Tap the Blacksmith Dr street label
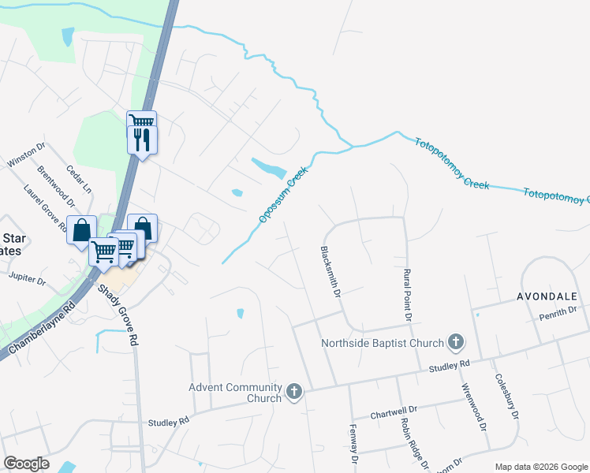tap(329, 271)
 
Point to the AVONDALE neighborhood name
tap(547, 296)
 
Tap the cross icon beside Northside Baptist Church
tap(455, 342)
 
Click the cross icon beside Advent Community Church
tap(294, 392)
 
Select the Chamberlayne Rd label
tap(44, 326)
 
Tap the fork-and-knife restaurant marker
tap(142, 140)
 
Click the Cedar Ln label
tap(79, 179)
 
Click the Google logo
tap(26, 464)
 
